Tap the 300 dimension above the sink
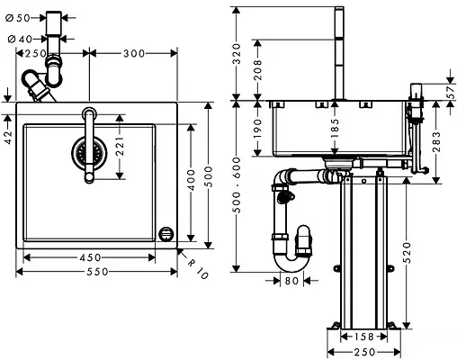(x=133, y=54)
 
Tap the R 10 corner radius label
(x=199, y=266)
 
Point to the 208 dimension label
(x=258, y=70)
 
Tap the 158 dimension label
(x=362, y=337)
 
